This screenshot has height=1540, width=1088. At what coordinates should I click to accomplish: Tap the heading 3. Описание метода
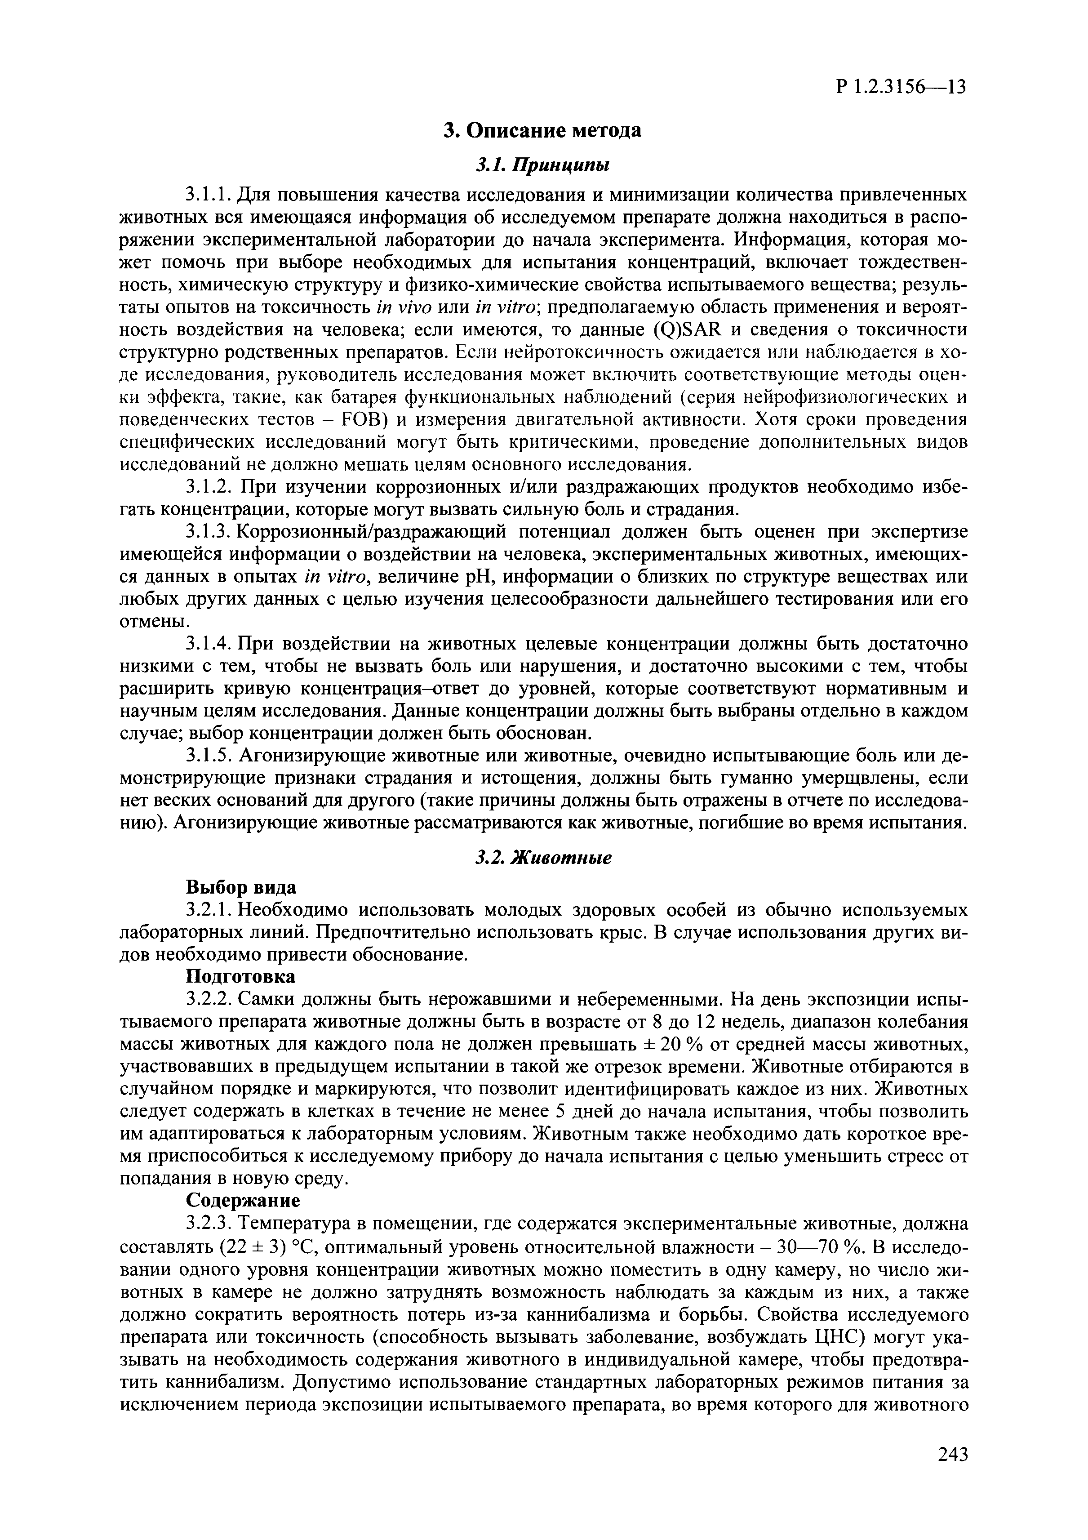(543, 130)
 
